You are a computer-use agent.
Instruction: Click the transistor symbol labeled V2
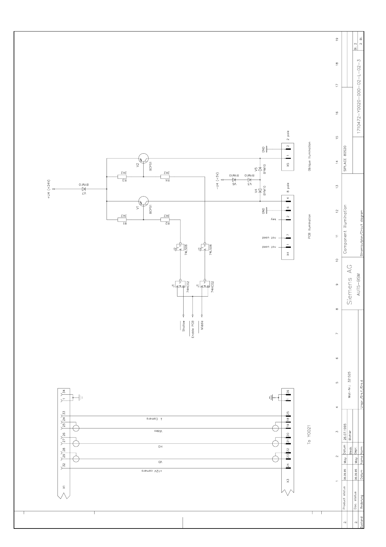coord(143,159)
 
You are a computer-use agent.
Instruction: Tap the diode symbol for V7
coord(84,189)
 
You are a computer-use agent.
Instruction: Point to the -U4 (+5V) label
coord(218,181)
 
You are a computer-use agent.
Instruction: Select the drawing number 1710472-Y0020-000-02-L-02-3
coord(358,96)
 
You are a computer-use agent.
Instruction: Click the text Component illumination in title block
coord(345,229)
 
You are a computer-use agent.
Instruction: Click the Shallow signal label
coord(183,326)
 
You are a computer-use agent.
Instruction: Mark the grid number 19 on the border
coord(337,39)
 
